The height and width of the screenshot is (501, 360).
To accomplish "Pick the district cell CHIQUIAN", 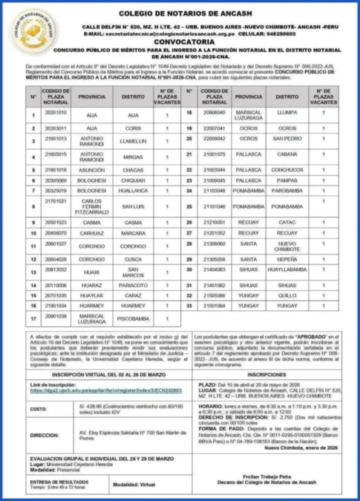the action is [x=133, y=180].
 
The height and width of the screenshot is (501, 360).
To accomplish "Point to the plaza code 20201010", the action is [x=56, y=114].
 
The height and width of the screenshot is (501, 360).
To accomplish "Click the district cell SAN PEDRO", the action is [x=287, y=138].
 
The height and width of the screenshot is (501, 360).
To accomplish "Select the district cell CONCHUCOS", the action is [x=287, y=169].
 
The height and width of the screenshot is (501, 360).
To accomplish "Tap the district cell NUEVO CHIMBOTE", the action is [x=287, y=246].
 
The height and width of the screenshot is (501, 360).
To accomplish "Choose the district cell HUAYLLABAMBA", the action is [x=287, y=270].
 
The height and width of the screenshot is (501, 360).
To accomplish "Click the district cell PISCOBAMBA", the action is [x=133, y=320].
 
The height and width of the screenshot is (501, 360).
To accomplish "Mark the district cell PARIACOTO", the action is [x=133, y=284].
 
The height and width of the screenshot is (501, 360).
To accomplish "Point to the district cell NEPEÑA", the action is [x=287, y=259].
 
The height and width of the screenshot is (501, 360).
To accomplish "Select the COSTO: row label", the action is [x=39, y=409].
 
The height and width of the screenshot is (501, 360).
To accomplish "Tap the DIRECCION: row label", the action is [x=44, y=435].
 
